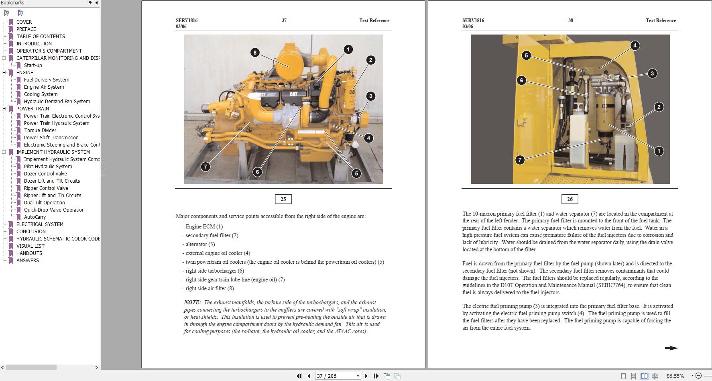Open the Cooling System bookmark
coord(41,94)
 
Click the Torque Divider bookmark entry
coord(40,130)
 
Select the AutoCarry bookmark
coord(35,217)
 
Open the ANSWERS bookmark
coord(28,261)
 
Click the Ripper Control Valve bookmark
coord(46,188)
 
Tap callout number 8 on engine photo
coord(255,53)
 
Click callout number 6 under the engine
coord(257,172)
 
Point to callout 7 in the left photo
coord(205,167)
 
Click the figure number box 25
coord(283,199)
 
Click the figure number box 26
coord(570,199)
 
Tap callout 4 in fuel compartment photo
coord(635,45)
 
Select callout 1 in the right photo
coord(659,151)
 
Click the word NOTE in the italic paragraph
coord(192,303)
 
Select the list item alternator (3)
coord(200,244)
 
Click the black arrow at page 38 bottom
coord(671,348)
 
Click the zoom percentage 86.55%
coord(675,376)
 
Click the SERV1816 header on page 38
coord(473,20)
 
